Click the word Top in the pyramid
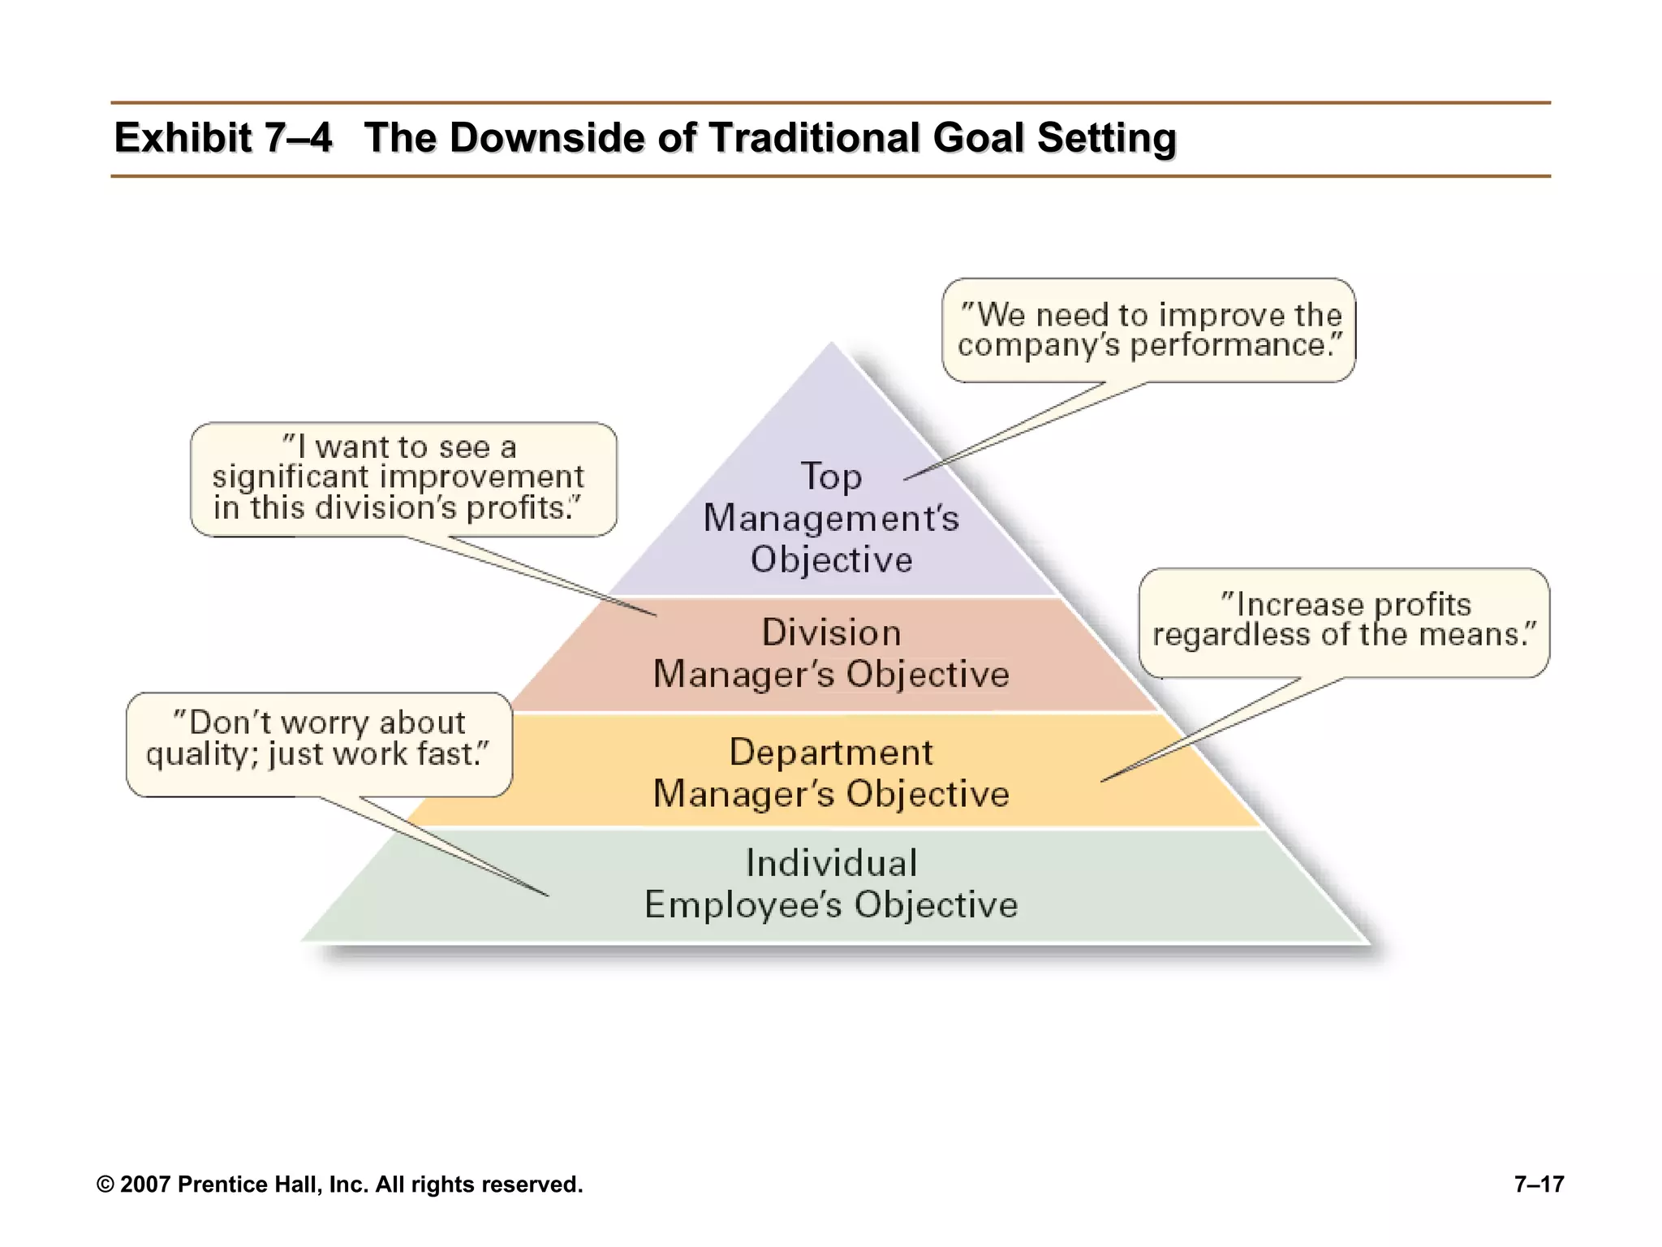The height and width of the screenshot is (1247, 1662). pyautogui.click(x=831, y=477)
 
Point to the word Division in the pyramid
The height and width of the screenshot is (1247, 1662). pyautogui.click(x=831, y=632)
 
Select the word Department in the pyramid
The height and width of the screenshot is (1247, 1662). pyautogui.click(x=831, y=753)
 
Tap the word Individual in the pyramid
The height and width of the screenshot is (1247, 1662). pyautogui.click(x=831, y=863)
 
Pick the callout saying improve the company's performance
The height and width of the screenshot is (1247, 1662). pyautogui.click(x=1148, y=330)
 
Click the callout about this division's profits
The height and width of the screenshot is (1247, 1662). pyautogui.click(x=403, y=478)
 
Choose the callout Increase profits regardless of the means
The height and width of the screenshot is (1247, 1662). pyautogui.click(x=1344, y=621)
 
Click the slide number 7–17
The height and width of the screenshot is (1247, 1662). pyautogui.click(x=1539, y=1184)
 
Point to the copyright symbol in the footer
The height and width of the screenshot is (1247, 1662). pyautogui.click(x=105, y=1185)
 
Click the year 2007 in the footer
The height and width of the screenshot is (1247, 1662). pyautogui.click(x=145, y=1185)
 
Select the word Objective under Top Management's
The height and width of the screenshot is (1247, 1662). pyautogui.click(x=831, y=560)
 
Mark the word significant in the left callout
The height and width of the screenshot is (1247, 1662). pyautogui.click(x=291, y=477)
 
